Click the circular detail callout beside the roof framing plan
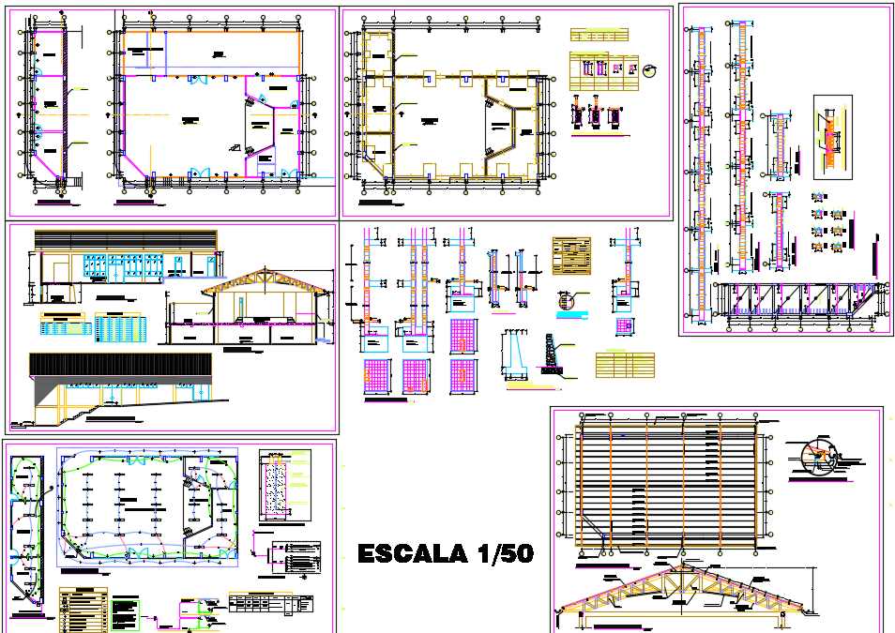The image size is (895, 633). (x=817, y=456)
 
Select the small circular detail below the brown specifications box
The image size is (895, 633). (x=564, y=302)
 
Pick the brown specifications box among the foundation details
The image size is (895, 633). (x=572, y=255)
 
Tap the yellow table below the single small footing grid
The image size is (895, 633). (x=623, y=363)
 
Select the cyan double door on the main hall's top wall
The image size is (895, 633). (x=197, y=82)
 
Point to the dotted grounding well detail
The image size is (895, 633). (x=275, y=484)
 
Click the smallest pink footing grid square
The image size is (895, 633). (x=623, y=325)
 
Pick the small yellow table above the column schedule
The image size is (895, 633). (x=599, y=35)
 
